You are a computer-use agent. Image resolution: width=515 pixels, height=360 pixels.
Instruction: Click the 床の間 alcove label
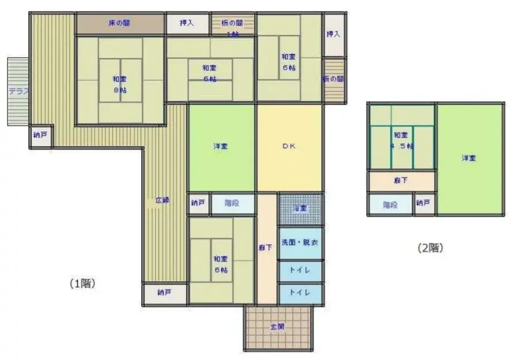(x=119, y=24)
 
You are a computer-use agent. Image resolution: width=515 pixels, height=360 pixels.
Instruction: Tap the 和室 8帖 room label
(x=120, y=84)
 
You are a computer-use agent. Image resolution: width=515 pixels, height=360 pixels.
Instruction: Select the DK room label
(x=289, y=146)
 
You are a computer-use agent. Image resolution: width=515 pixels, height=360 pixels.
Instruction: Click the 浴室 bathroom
(x=300, y=209)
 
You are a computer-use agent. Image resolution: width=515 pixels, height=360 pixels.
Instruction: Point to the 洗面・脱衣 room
(x=300, y=242)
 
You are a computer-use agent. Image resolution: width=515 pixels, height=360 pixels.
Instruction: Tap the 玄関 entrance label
(x=278, y=327)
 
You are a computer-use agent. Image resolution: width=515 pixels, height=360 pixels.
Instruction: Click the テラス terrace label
(x=18, y=91)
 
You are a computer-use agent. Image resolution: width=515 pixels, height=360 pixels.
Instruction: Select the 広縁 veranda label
(x=162, y=200)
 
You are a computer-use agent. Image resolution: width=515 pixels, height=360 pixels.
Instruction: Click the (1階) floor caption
(x=82, y=283)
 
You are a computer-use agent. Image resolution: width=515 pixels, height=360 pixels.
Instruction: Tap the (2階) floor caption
(x=430, y=248)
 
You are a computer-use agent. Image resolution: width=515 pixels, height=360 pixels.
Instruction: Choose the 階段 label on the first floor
(x=232, y=203)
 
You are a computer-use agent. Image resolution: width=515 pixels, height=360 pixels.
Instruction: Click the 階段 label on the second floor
(x=391, y=204)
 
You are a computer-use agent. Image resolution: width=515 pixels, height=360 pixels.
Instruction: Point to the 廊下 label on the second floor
(x=401, y=181)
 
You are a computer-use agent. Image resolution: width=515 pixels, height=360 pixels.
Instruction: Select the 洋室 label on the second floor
(x=469, y=158)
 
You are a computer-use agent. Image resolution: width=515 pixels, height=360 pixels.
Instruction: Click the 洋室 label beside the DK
(x=221, y=146)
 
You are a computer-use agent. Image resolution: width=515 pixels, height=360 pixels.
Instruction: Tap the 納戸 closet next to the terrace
(x=40, y=136)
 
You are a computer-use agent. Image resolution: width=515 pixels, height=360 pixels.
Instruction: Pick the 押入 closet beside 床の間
(x=187, y=24)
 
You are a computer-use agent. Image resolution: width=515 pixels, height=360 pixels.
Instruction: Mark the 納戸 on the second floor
(x=423, y=203)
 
